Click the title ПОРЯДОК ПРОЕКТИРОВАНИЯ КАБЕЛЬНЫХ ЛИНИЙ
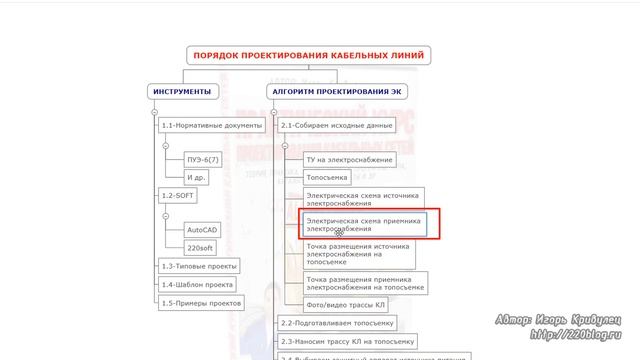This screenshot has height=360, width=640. [308, 55]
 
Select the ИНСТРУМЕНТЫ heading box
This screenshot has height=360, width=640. [182, 92]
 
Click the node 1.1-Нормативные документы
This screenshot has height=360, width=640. [212, 126]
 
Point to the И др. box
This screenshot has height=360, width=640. [196, 177]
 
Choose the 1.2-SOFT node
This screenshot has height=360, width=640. [178, 195]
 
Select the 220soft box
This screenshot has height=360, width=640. [200, 246]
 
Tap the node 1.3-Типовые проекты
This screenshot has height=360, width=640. [199, 267]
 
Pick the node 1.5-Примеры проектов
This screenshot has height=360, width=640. [202, 301]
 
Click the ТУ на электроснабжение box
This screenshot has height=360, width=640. [350, 158]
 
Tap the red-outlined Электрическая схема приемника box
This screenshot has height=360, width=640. [365, 224]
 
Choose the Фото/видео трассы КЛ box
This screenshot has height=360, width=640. [344, 305]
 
